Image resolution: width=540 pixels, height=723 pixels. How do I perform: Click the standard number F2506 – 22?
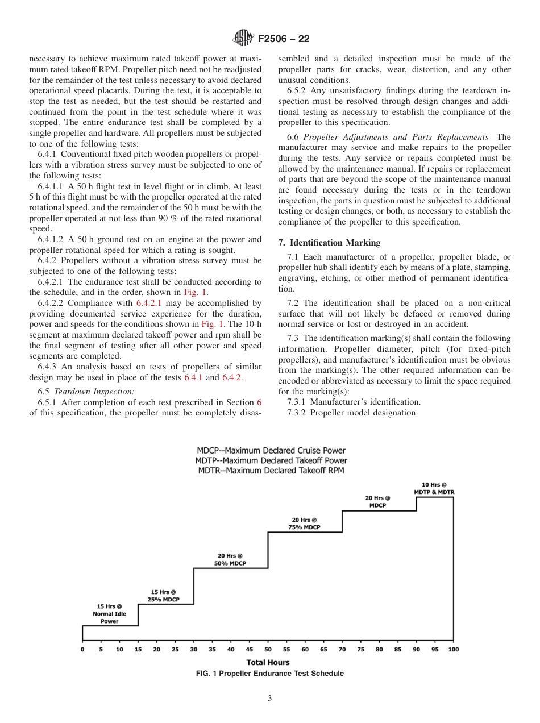[x=284, y=39]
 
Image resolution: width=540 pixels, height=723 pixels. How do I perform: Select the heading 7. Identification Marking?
[x=329, y=243]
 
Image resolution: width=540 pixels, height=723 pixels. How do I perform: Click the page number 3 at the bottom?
[x=270, y=699]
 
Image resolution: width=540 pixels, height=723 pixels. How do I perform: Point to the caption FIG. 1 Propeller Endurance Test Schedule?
[x=269, y=674]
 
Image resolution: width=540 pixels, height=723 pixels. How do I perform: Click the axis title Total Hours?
[x=268, y=662]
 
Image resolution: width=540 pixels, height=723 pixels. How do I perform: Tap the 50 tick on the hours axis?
[x=268, y=649]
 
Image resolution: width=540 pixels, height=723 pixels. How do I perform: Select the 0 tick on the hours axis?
[x=82, y=649]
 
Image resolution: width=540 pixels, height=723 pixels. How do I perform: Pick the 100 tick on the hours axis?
[x=453, y=649]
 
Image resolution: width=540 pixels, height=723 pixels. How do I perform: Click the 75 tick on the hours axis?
[x=360, y=649]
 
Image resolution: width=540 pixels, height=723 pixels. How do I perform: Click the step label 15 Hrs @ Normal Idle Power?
[x=110, y=614]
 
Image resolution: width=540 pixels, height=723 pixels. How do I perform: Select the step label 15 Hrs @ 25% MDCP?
[x=163, y=596]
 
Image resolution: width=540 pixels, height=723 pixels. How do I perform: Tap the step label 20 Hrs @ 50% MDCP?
[x=230, y=559]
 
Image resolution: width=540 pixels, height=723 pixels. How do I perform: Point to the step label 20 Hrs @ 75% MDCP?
[x=304, y=523]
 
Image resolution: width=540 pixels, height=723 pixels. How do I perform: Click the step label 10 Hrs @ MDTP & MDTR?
[x=434, y=488]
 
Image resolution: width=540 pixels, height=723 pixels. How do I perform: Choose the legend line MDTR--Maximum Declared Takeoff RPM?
[x=271, y=470]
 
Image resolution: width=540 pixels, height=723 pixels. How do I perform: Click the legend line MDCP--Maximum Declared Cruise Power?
[x=271, y=451]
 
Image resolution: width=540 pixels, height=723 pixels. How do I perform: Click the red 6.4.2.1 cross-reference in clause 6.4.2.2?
[x=150, y=303]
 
